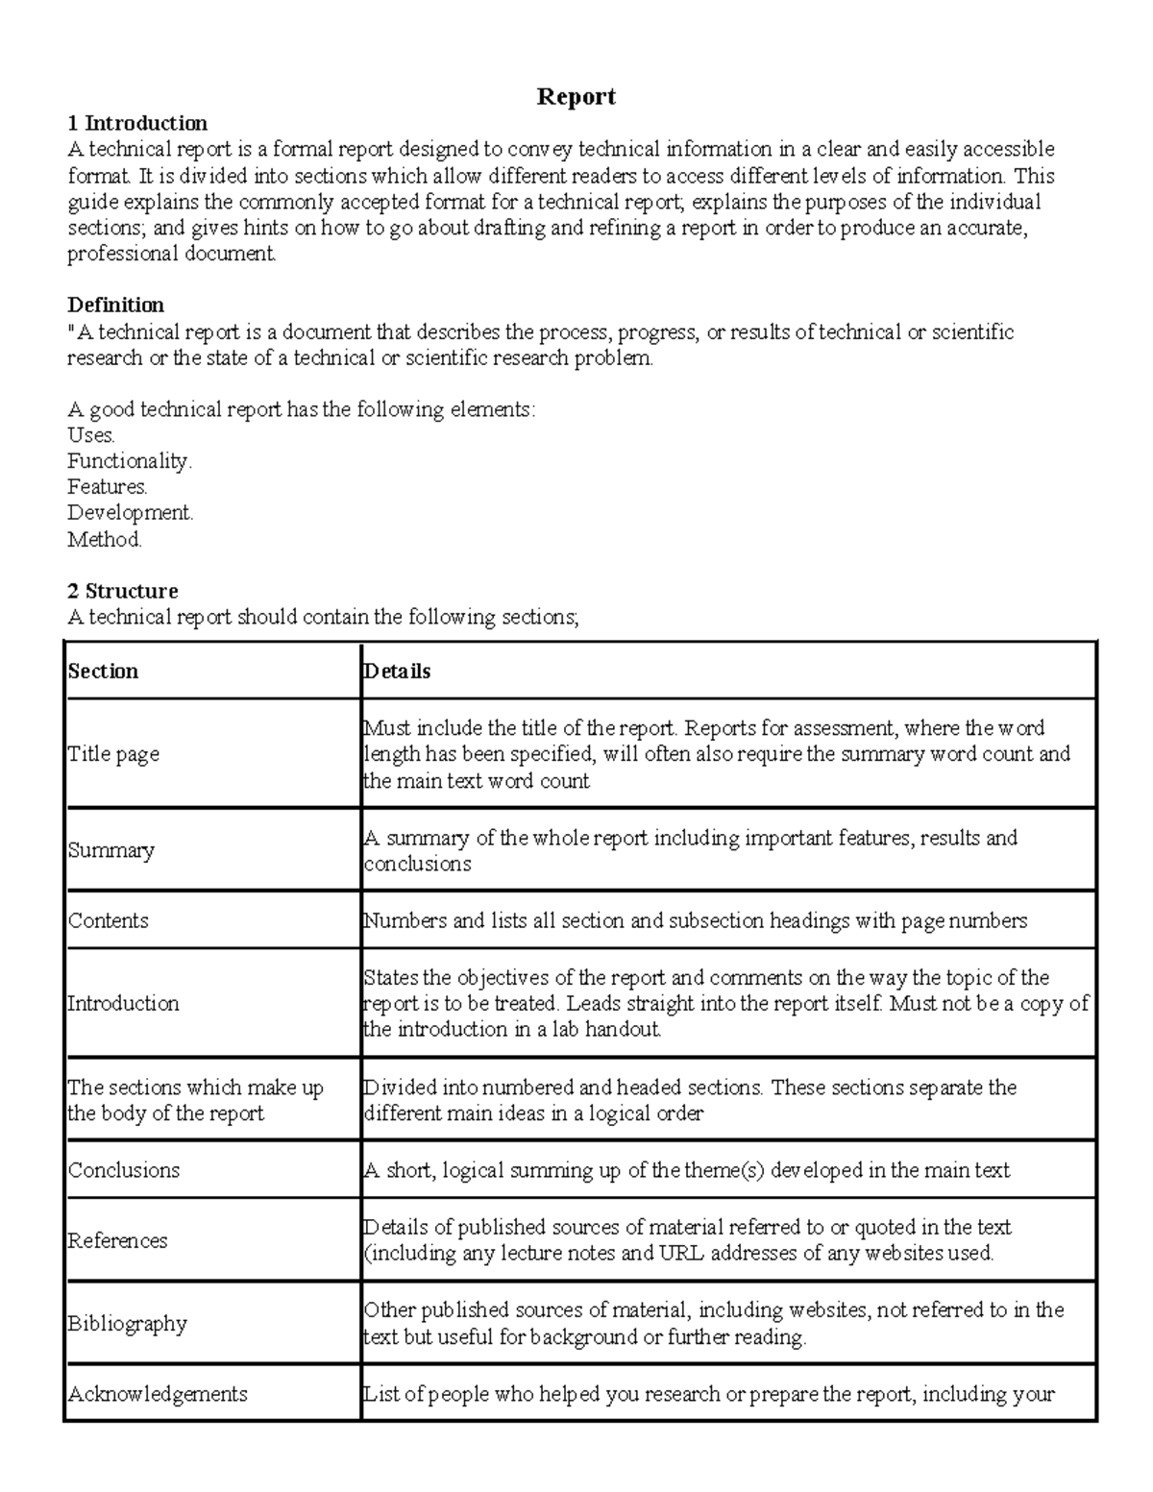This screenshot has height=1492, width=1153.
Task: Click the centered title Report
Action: (x=576, y=97)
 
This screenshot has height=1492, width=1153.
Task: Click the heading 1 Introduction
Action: (x=137, y=123)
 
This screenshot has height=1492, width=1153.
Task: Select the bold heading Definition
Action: (x=115, y=306)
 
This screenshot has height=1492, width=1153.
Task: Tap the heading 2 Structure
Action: (x=122, y=591)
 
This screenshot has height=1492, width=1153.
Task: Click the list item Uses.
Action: (x=91, y=435)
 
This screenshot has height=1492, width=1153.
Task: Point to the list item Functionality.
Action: (x=130, y=461)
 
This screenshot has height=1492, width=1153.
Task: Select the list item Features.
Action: (x=108, y=487)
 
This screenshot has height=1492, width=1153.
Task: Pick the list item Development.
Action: (x=130, y=513)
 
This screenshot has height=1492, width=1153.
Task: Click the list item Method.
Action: (x=105, y=539)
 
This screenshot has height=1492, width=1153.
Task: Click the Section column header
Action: (x=103, y=672)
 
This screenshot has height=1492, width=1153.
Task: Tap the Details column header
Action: (x=397, y=672)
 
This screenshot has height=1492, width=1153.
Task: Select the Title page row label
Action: (x=113, y=754)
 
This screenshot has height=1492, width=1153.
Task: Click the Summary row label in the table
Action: (x=111, y=851)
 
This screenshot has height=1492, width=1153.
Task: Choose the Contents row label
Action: (x=109, y=920)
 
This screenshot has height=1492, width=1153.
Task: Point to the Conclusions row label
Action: (x=124, y=1170)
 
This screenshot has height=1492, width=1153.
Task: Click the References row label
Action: (x=117, y=1240)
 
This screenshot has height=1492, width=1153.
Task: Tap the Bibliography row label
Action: (x=127, y=1324)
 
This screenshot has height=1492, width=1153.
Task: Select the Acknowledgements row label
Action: (x=158, y=1394)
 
